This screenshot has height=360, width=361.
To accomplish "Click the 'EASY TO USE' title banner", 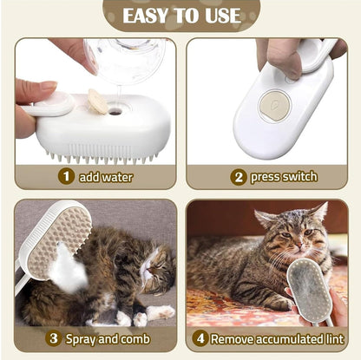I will coord(181,16).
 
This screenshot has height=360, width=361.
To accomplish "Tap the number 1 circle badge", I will coord(66,177).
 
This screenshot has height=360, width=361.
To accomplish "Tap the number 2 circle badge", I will coord(237,177).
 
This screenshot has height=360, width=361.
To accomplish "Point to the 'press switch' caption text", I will coord(283,177).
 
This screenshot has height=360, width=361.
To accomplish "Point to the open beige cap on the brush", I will coord(97,103).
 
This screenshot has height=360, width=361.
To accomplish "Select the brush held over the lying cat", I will coord(54,239).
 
